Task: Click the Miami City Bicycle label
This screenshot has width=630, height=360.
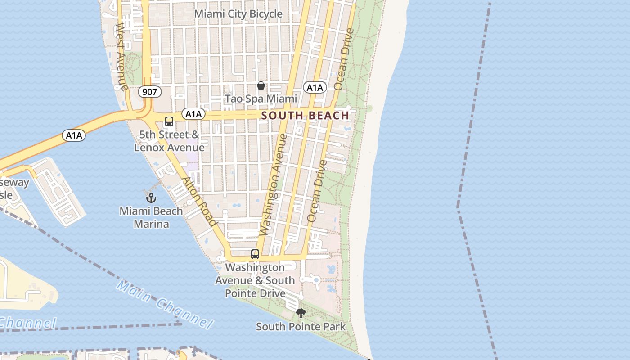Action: [238, 14]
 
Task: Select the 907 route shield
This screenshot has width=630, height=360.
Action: [149, 92]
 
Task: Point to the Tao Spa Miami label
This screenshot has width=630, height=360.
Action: [261, 99]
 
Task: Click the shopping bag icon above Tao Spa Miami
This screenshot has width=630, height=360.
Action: [261, 85]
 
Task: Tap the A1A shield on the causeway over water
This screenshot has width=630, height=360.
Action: [74, 135]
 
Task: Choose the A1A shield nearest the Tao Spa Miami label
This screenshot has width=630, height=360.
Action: [315, 87]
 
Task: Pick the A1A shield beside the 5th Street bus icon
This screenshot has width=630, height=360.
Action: [193, 114]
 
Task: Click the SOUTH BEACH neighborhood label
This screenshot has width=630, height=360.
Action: [305, 116]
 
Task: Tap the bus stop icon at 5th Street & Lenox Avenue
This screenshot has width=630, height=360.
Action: [169, 121]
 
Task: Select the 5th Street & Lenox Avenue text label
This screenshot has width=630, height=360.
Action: [169, 141]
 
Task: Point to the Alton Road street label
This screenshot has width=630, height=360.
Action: [198, 201]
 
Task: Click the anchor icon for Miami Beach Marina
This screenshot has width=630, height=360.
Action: [151, 198]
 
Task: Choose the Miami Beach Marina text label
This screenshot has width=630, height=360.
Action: [151, 217]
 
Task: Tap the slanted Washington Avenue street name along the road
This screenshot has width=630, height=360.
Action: [273, 184]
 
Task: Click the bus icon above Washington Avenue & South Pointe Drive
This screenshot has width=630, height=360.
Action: [255, 254]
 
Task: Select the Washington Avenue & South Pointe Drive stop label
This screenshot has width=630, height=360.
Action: [255, 280]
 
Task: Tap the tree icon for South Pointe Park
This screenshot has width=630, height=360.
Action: [301, 313]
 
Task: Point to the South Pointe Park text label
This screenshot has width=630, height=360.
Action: [301, 327]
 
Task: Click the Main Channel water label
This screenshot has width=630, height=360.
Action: [164, 304]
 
